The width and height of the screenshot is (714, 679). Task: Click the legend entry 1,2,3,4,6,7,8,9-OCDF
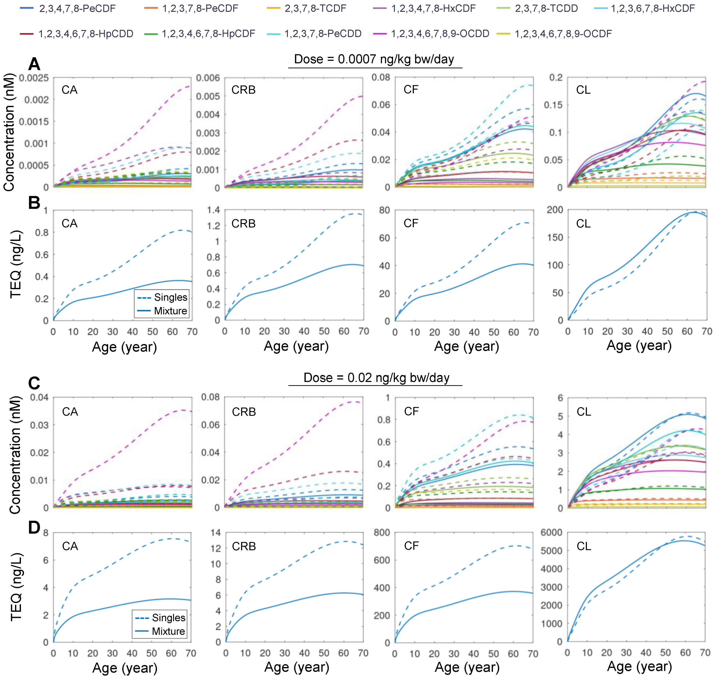563,34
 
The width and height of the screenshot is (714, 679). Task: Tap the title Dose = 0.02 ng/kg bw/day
376,378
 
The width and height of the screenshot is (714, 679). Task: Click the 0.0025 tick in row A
34,78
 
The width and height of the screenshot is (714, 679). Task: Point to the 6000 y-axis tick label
551,532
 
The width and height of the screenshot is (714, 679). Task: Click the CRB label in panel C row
244,412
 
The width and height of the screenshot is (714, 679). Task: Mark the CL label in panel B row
583,223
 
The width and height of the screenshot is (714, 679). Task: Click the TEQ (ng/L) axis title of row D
16,586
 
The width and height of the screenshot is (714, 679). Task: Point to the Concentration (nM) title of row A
9,132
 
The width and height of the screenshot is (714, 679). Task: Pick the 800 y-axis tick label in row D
382,532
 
